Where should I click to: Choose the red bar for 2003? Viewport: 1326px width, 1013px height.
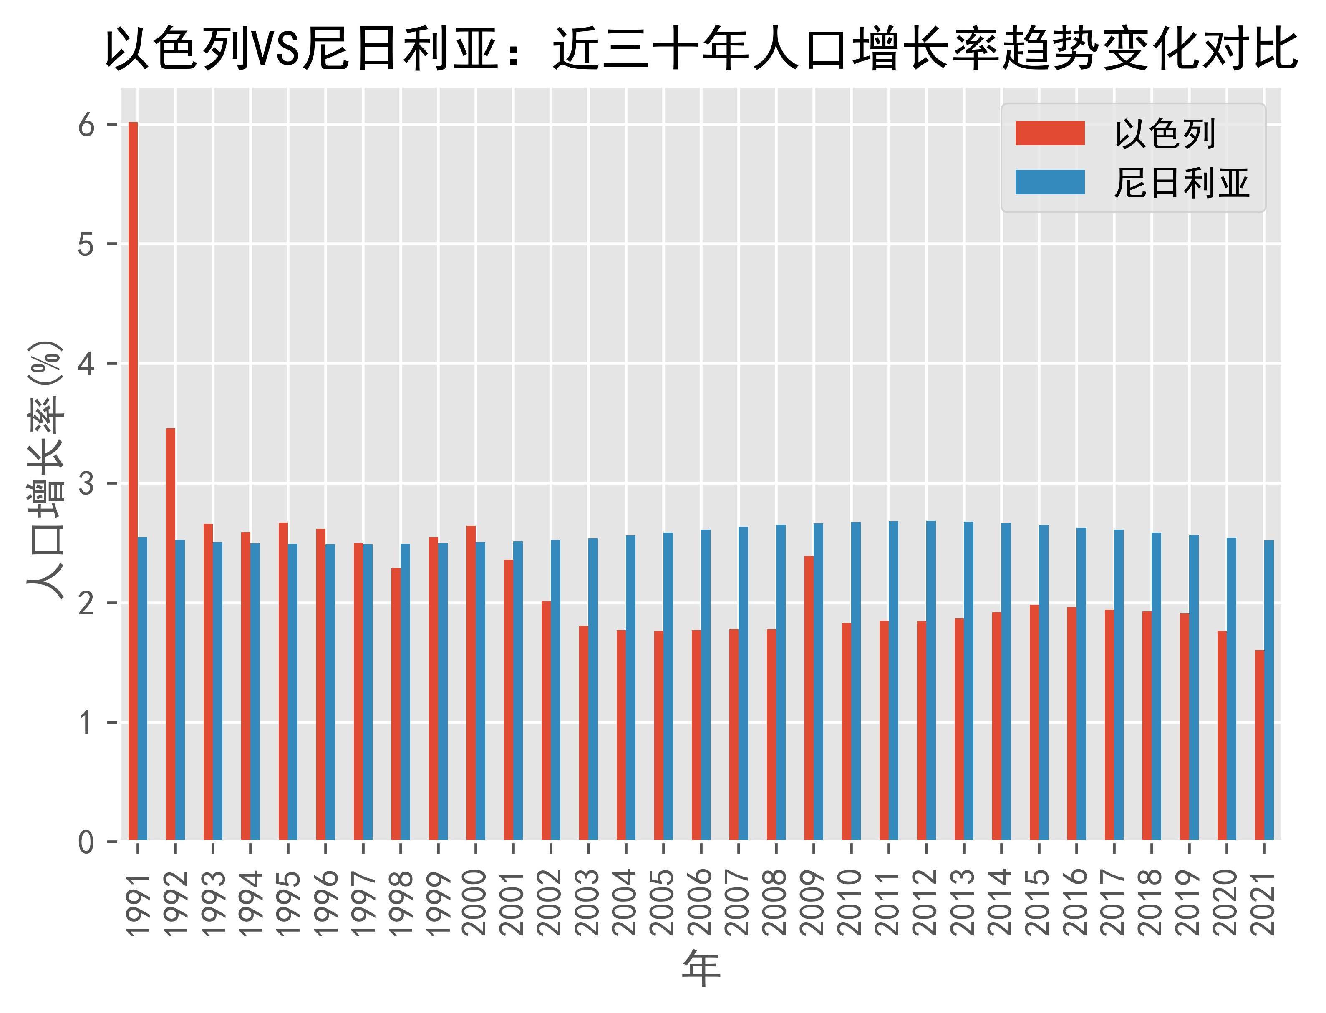(583, 733)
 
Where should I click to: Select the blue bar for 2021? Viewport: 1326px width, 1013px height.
(1269, 690)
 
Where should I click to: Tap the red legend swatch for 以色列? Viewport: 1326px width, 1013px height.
(1050, 133)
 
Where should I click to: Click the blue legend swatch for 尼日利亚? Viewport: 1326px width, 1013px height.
(1050, 182)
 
